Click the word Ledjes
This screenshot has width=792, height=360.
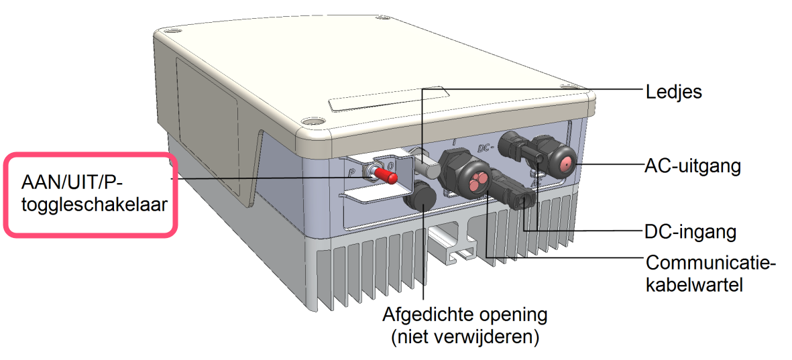673,91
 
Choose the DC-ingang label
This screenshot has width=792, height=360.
690,232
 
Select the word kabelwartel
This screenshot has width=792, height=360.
693,286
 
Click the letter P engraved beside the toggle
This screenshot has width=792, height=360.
351,172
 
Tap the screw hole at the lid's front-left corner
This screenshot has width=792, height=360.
310,122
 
